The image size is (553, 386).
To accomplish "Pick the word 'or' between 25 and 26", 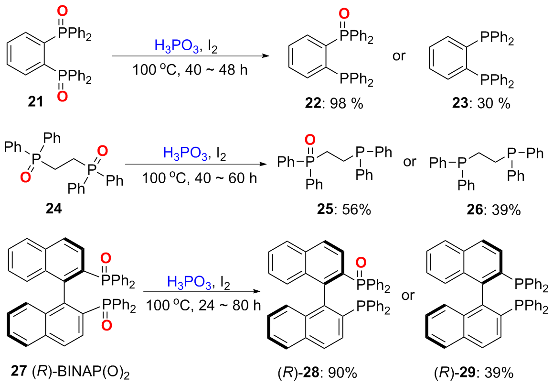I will (x=410, y=162).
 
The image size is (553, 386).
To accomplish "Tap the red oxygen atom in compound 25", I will (x=310, y=140).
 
